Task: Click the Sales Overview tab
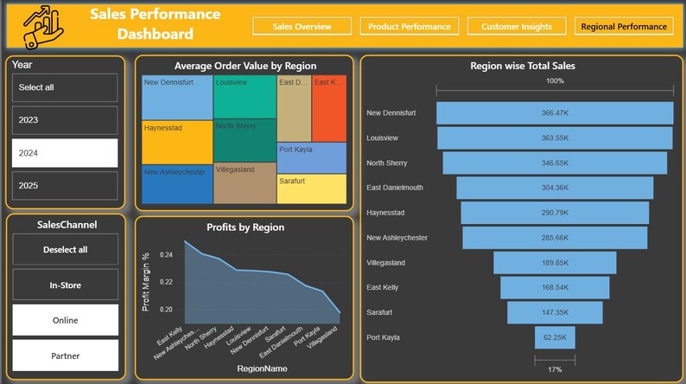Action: (x=302, y=27)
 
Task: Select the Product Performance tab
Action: (x=408, y=27)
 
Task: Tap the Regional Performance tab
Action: (x=624, y=27)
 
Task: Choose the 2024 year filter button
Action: (x=65, y=152)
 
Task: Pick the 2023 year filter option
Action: (x=65, y=119)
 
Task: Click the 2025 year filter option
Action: (x=65, y=185)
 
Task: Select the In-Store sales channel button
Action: (x=65, y=284)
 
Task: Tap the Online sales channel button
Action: (x=65, y=320)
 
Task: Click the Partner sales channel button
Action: (x=65, y=355)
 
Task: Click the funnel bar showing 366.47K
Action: (x=554, y=113)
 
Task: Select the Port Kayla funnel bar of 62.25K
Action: (x=554, y=337)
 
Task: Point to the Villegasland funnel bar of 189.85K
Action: (x=554, y=263)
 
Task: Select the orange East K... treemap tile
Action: (x=328, y=108)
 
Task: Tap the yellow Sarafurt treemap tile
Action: (x=311, y=189)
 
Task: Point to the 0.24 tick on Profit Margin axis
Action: (x=166, y=255)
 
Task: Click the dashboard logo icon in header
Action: (x=43, y=25)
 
